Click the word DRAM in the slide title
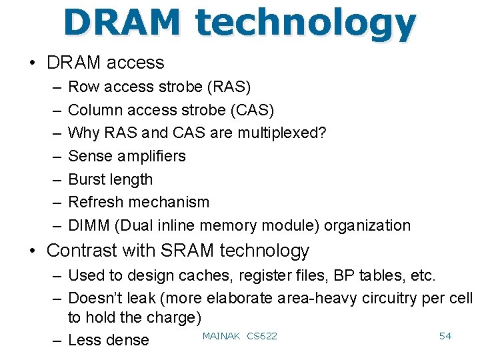[122, 23]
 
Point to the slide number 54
[445, 335]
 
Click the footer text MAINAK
[221, 335]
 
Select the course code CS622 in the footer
[261, 335]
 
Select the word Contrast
[83, 251]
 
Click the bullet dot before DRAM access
[32, 63]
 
